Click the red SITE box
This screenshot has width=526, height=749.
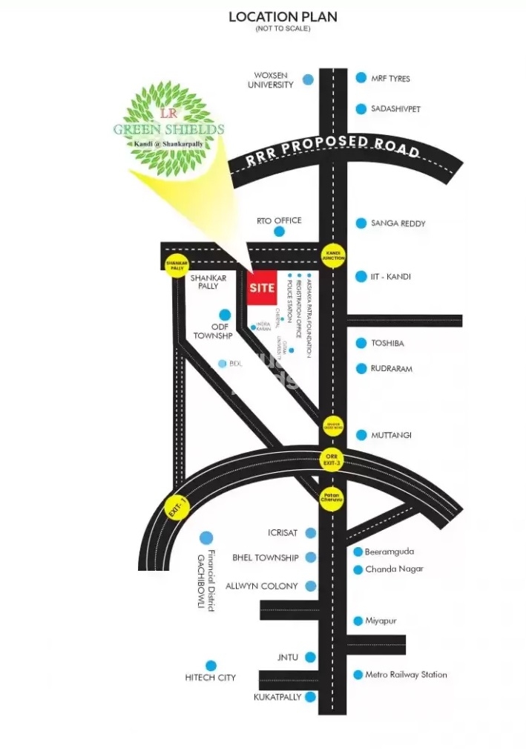[x=262, y=288]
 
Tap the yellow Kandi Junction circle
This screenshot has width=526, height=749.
[x=332, y=255]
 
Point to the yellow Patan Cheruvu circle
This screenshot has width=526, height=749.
[x=332, y=499]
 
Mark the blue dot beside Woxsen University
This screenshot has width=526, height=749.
[x=307, y=79]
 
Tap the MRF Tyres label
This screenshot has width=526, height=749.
[x=390, y=79]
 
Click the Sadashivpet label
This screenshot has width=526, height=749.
[x=395, y=109]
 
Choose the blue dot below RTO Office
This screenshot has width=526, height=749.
[x=279, y=232]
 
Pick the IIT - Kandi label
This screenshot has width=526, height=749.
[x=391, y=277]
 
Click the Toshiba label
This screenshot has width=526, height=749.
[x=387, y=344]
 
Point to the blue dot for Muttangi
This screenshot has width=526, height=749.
[x=361, y=435]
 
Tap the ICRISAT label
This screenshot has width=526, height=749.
[x=282, y=533]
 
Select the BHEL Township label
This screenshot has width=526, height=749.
[x=265, y=557]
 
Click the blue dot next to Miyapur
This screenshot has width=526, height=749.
[x=358, y=621]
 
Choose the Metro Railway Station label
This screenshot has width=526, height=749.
[x=406, y=675]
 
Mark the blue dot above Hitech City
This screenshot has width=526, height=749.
[x=211, y=666]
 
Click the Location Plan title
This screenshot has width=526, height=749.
[x=283, y=17]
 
